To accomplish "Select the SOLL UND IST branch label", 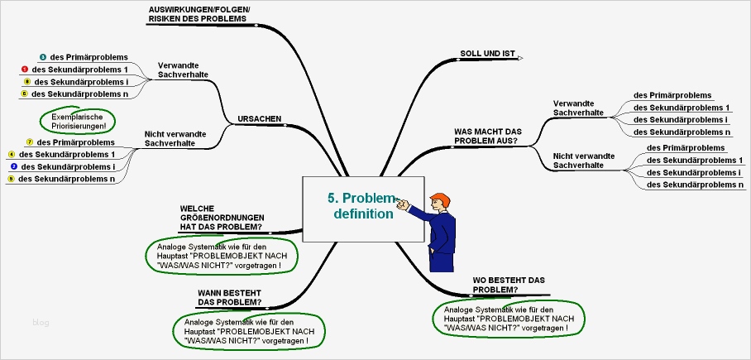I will point(487,54).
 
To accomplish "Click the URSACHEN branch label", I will point(259,118).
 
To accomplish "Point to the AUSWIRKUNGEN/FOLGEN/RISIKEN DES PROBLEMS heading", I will point(199,13).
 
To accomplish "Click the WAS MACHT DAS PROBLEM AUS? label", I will point(487,136).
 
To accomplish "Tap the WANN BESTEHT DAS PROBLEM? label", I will point(230,297).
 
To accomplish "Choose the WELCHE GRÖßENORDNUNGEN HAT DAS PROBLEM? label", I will point(221,218).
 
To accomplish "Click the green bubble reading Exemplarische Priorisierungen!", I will point(79,122).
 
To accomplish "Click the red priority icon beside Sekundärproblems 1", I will point(26,70).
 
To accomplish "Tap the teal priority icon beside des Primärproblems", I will point(42,57).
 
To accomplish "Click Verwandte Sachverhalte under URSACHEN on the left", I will point(182,70).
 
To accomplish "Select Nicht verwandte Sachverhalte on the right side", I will point(584,160).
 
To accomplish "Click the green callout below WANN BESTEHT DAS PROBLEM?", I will point(248,331).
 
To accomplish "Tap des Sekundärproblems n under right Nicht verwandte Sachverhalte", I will point(695,185).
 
